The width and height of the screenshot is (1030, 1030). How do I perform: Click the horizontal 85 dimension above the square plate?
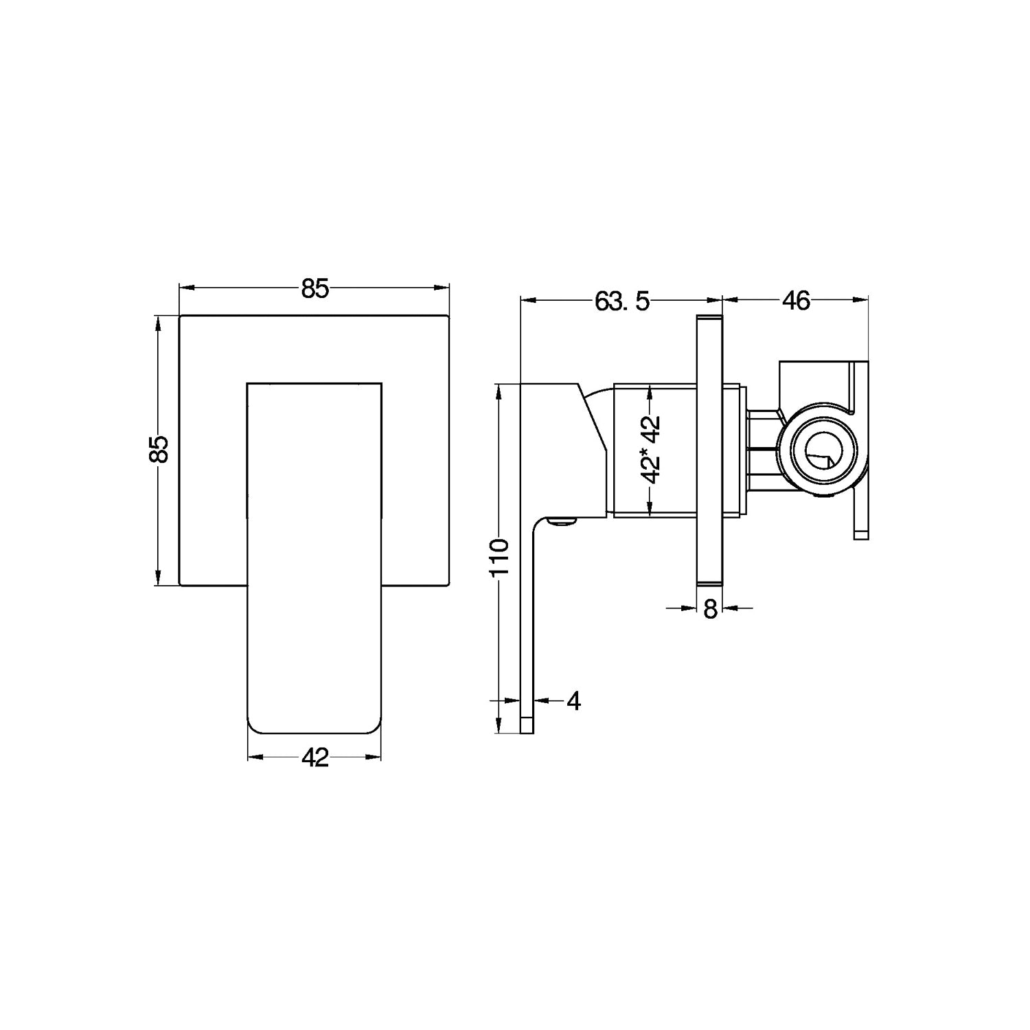click(315, 289)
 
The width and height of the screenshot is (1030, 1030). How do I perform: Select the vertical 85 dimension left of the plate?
click(159, 450)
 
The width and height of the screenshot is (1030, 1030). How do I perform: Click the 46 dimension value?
click(797, 301)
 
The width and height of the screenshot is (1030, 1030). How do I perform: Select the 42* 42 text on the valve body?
click(650, 450)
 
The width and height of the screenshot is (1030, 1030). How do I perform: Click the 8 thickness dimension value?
click(710, 608)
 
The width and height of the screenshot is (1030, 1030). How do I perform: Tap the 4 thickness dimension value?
click(574, 701)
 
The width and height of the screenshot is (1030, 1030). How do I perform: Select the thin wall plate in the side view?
click(710, 450)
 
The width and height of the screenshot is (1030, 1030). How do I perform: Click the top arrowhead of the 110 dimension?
click(499, 391)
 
